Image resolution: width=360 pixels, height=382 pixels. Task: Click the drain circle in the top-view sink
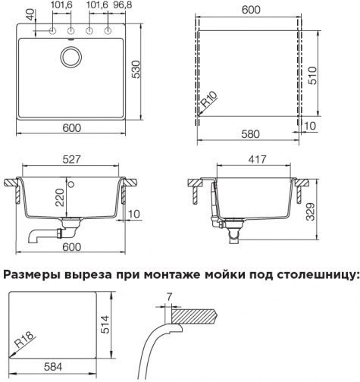[x=71, y=57]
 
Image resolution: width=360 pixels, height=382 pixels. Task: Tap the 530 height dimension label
[x=136, y=70]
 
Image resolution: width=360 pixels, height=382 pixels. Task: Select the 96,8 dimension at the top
[x=123, y=5]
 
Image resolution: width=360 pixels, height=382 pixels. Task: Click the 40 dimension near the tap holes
[x=30, y=14]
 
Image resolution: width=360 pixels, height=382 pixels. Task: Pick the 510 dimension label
[x=312, y=76]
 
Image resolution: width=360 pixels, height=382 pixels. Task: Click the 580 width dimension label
[x=250, y=134]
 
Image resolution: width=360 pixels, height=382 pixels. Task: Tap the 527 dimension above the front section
[x=71, y=159]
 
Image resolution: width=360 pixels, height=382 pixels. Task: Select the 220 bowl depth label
[x=60, y=197]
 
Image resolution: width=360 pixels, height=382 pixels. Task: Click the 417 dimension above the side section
[x=256, y=159]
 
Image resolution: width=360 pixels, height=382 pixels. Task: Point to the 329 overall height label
[x=310, y=211]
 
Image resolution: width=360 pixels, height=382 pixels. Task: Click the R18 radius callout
[x=24, y=339]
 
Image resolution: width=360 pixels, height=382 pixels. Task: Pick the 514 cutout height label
[x=105, y=324]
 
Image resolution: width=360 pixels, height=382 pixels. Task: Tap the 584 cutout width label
[x=53, y=367]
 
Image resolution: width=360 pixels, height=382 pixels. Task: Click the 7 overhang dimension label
[x=169, y=297]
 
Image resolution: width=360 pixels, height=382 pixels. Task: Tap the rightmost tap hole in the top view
[x=108, y=31]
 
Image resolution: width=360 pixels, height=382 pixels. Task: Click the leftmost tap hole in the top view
[x=52, y=31]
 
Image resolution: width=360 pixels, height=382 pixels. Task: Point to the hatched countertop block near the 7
[x=194, y=315]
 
